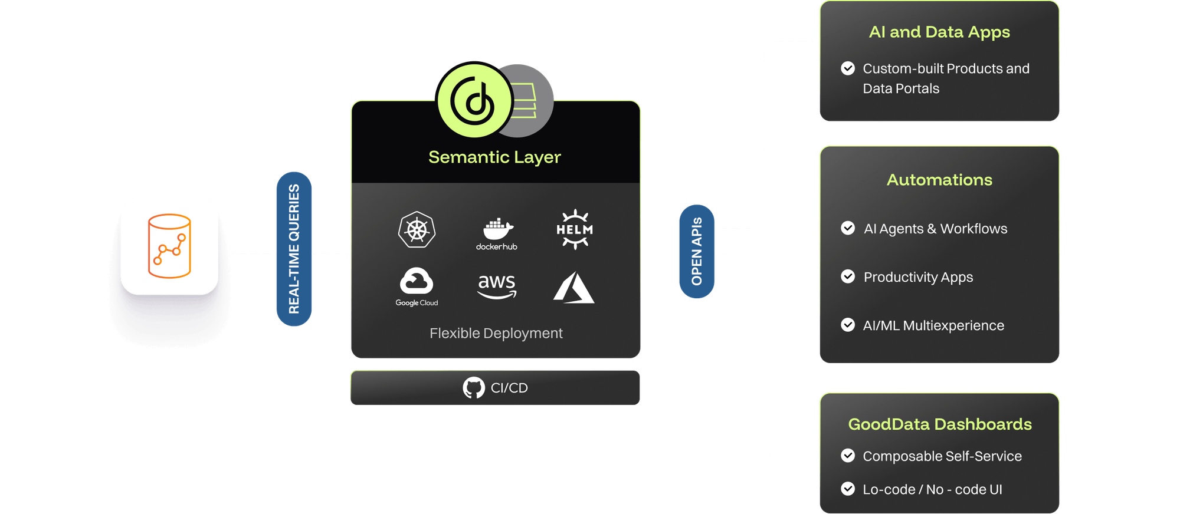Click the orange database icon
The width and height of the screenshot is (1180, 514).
pyautogui.click(x=169, y=246)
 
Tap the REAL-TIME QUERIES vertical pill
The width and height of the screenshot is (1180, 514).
pyautogui.click(x=294, y=249)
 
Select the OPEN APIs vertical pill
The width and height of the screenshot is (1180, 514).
pyautogui.click(x=697, y=252)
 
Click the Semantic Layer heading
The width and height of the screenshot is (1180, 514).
pyautogui.click(x=494, y=157)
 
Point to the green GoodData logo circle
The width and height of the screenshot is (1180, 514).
pyautogui.click(x=474, y=100)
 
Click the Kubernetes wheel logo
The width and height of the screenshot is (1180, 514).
pyautogui.click(x=417, y=229)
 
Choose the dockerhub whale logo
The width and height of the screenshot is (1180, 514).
pyautogui.click(x=497, y=229)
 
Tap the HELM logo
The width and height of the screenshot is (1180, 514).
pyautogui.click(x=575, y=229)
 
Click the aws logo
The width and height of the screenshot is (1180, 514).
pyautogui.click(x=497, y=285)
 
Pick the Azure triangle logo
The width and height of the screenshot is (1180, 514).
pyautogui.click(x=573, y=288)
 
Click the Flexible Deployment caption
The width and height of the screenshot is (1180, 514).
pyautogui.click(x=496, y=334)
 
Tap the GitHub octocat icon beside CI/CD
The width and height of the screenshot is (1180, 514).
pyautogui.click(x=474, y=388)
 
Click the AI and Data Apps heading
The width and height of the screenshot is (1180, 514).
pyautogui.click(x=939, y=32)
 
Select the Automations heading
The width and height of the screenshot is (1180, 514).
pyautogui.click(x=939, y=180)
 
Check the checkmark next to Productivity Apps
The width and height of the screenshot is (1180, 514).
pyautogui.click(x=848, y=276)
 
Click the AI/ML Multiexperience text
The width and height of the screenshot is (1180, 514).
pyautogui.click(x=933, y=325)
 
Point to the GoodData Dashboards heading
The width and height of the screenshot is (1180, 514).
pyautogui.click(x=939, y=424)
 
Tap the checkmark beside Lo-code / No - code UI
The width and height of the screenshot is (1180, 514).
pyautogui.click(x=848, y=489)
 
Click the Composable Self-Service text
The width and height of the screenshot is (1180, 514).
pyautogui.click(x=942, y=456)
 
